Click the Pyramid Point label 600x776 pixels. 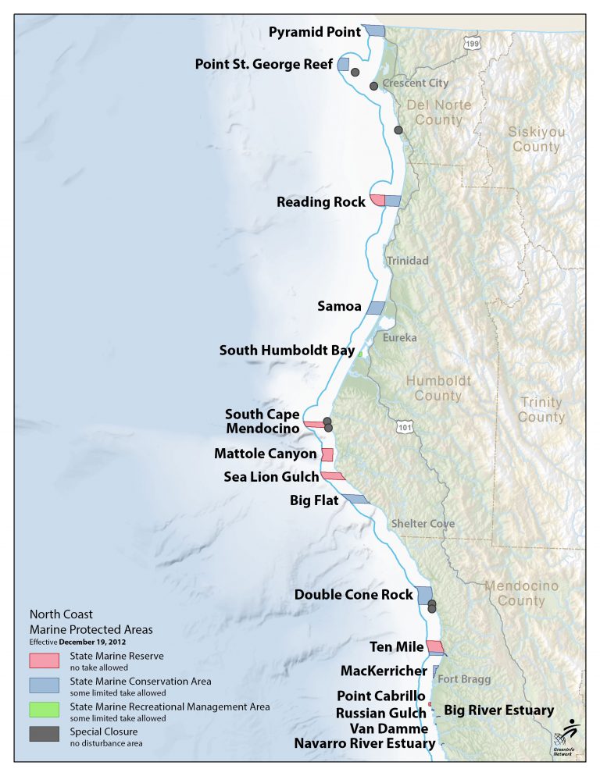coord(315,31)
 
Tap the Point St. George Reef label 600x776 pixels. coord(263,64)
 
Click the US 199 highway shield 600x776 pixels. coord(470,44)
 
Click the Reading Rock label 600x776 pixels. coord(320,202)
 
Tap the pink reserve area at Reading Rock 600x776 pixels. coord(377,201)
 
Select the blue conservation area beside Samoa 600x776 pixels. coord(376,308)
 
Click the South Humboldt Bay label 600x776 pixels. coord(287,351)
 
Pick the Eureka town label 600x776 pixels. coord(399,338)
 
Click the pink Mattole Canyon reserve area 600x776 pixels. coord(327,454)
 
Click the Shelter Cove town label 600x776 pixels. coord(422,524)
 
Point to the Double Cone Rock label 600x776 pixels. coord(353,595)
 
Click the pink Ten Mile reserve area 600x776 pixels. coord(434,646)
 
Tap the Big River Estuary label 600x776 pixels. coord(498,710)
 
